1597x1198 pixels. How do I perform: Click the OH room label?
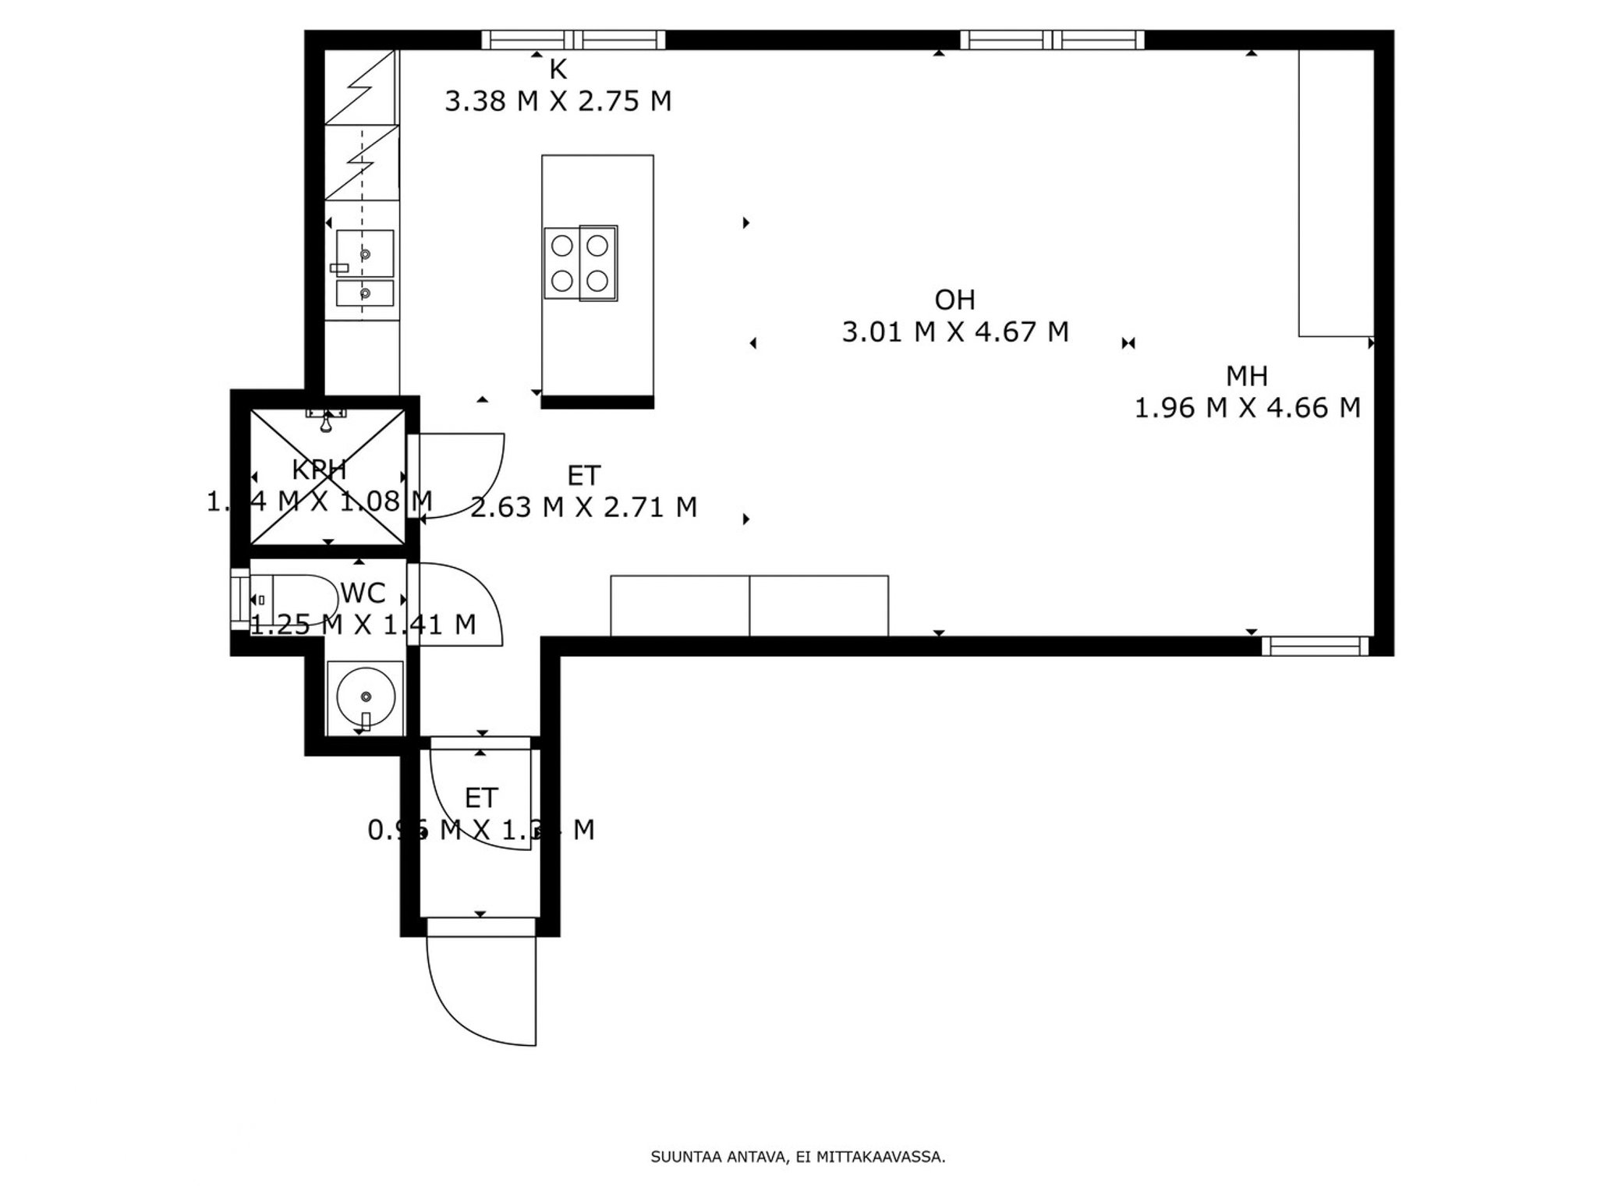[954, 299]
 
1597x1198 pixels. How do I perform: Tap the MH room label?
[1247, 377]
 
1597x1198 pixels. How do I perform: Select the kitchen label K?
[558, 70]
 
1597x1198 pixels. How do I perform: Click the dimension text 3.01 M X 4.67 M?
[954, 332]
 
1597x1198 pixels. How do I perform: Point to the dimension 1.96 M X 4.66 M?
[1247, 408]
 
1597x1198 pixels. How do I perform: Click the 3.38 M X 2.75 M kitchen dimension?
[558, 101]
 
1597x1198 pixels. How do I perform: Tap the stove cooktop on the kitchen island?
[581, 264]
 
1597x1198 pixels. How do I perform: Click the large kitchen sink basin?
[365, 253]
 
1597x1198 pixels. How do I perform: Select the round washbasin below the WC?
[364, 696]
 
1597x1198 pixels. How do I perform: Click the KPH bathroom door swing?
[468, 476]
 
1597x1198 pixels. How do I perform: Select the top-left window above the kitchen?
[573, 40]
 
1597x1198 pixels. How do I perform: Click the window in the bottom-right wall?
[1315, 646]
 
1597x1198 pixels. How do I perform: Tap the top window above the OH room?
[1052, 40]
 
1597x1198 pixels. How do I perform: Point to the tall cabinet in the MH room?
[1335, 193]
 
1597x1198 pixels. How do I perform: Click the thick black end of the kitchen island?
[597, 402]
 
